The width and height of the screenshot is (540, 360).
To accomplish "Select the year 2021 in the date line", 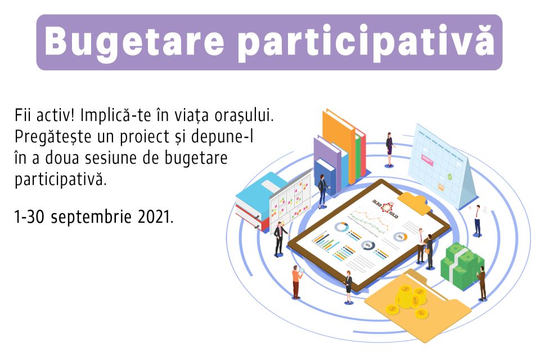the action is click(155, 217).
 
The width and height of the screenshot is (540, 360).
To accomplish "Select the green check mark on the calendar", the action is click(449, 177).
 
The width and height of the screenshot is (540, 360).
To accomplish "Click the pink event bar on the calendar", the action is click(427, 160).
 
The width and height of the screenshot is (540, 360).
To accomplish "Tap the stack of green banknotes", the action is click(461, 264).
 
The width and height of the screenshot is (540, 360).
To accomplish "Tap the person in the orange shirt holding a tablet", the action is click(296, 281).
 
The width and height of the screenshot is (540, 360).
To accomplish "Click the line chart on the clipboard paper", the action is click(369, 220).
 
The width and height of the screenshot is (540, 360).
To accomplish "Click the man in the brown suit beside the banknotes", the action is click(482, 282).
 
